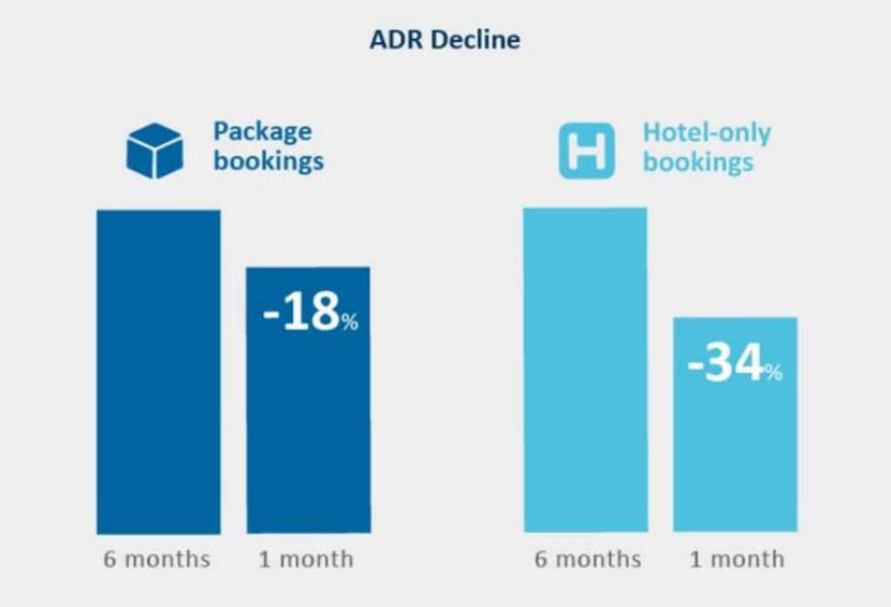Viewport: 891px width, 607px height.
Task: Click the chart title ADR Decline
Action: (445, 40)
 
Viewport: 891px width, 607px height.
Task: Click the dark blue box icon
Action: (155, 150)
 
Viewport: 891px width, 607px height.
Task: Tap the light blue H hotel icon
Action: (586, 150)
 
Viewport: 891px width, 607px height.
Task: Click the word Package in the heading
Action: (262, 132)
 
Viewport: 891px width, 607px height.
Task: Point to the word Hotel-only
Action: (707, 132)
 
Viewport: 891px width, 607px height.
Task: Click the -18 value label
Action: (301, 314)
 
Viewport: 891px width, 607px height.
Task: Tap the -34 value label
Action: (726, 364)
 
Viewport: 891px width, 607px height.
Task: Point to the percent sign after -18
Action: (350, 322)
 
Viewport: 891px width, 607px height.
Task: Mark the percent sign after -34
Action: (774, 373)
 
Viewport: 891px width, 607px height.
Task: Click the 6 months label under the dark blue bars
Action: (157, 559)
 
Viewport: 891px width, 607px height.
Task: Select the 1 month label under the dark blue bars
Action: (306, 559)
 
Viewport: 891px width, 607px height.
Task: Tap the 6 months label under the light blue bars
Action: (588, 559)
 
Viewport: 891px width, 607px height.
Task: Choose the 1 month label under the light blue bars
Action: (736, 559)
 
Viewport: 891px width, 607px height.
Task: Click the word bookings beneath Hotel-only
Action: (698, 163)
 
